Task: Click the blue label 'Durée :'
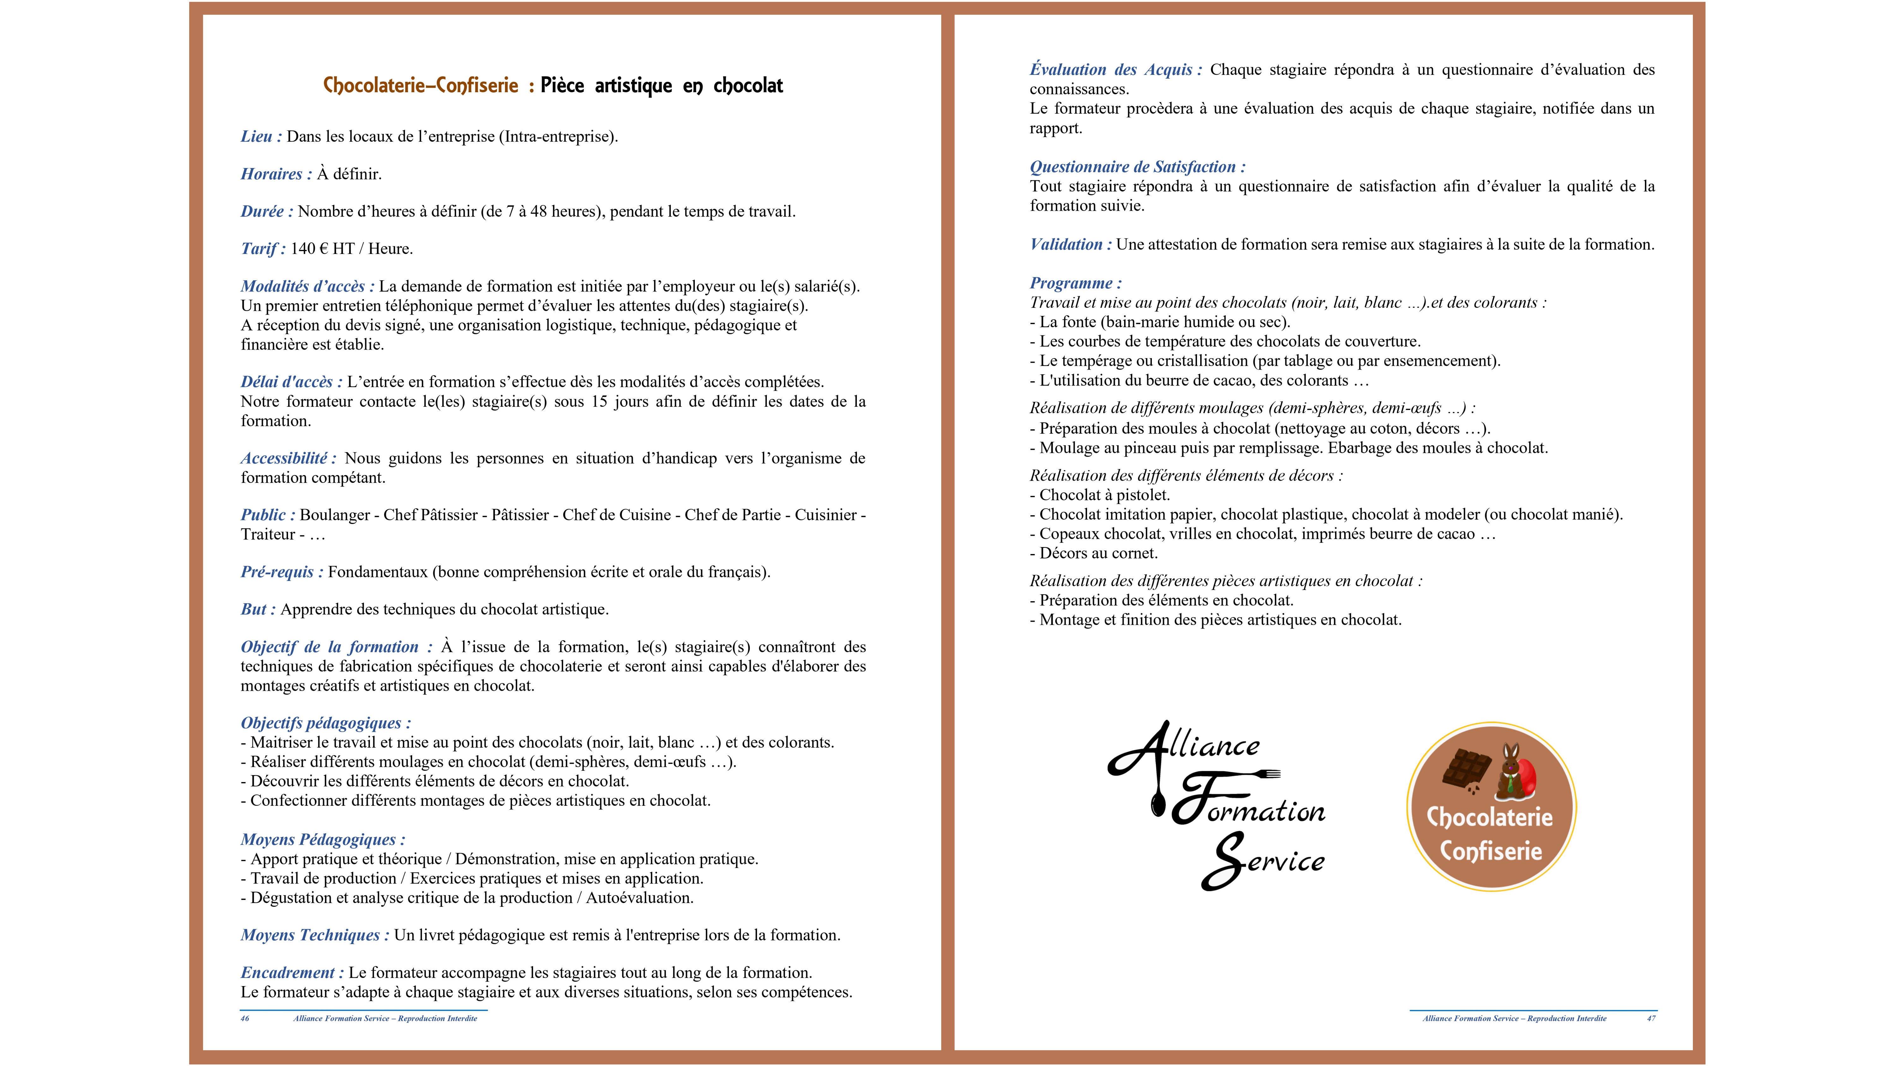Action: pos(266,212)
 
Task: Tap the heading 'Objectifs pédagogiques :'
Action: pos(325,723)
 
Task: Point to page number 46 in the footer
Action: pos(245,1019)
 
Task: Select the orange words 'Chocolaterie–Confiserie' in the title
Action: pos(421,86)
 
